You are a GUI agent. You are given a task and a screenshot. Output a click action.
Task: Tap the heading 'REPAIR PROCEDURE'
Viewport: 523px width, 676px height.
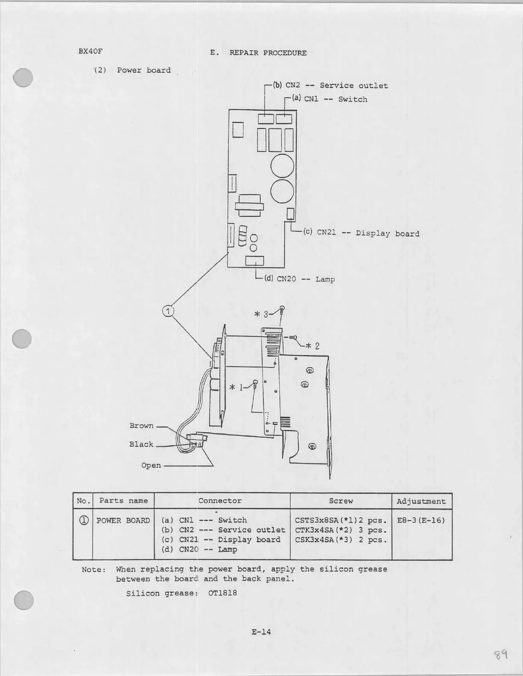coord(268,53)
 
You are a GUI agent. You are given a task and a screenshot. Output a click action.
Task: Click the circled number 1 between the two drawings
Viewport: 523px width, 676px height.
coord(168,311)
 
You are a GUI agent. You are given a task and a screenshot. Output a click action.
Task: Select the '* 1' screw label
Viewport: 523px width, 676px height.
coord(236,388)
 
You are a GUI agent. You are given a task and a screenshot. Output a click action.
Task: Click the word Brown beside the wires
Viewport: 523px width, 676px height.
coord(141,425)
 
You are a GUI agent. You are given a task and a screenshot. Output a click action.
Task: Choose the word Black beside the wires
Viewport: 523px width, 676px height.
coord(141,444)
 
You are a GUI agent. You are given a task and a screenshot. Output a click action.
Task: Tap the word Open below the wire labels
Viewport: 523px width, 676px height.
coord(151,465)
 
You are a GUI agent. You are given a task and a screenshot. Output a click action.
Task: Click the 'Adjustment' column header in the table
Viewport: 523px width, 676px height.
coord(421,501)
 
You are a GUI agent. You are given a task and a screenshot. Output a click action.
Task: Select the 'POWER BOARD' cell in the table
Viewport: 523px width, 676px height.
coord(123,520)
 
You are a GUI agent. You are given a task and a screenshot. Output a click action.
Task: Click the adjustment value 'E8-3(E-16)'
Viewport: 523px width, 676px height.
coord(421,520)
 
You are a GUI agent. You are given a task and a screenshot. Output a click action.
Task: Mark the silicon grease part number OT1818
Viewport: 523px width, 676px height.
coord(222,593)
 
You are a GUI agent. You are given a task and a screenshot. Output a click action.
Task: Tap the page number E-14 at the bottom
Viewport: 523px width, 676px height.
coord(261,632)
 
